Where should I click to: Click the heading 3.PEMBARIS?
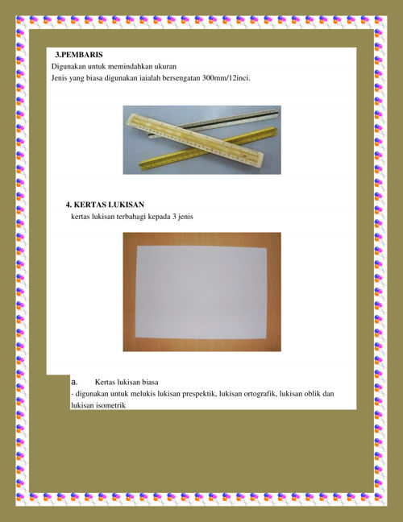pyautogui.click(x=79, y=55)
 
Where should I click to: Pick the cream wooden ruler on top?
pyautogui.click(x=194, y=139)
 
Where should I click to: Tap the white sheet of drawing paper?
pyautogui.click(x=201, y=292)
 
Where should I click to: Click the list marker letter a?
pyautogui.click(x=74, y=382)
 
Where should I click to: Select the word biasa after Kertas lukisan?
pyautogui.click(x=150, y=382)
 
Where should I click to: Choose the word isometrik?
pyautogui.click(x=111, y=405)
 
